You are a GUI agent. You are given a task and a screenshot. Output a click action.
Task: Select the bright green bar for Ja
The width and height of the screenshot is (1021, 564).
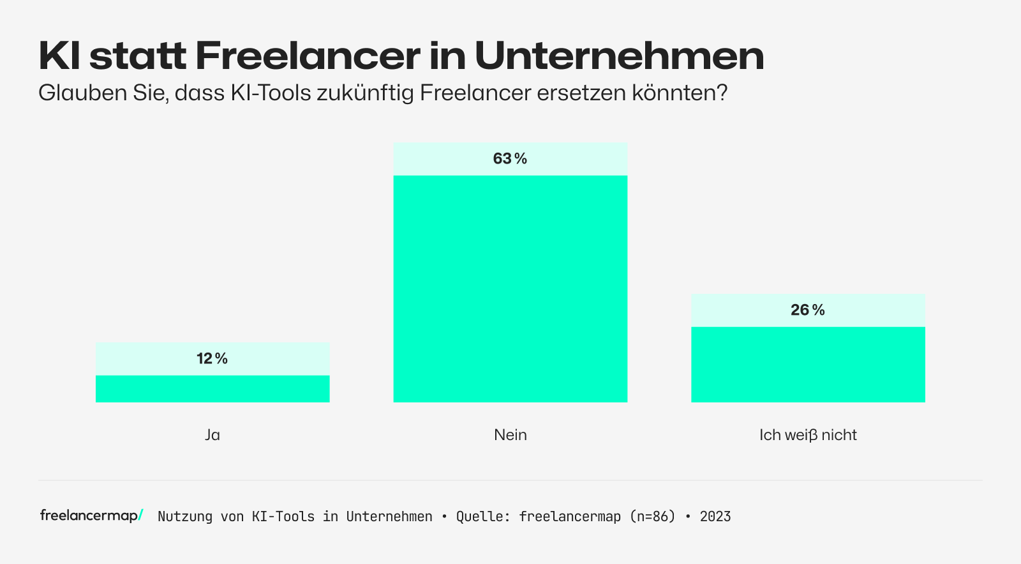pyautogui.click(x=212, y=389)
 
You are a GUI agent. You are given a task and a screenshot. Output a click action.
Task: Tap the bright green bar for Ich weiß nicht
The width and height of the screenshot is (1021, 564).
pyautogui.click(x=808, y=365)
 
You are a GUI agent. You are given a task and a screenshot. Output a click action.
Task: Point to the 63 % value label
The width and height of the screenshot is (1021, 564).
pyautogui.click(x=510, y=158)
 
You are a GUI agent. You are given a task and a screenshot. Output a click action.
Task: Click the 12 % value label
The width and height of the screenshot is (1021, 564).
pyautogui.click(x=212, y=358)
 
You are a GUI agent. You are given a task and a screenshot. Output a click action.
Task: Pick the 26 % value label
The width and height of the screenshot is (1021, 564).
pyautogui.click(x=807, y=310)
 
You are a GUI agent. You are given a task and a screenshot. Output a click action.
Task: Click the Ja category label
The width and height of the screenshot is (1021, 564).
pyautogui.click(x=212, y=435)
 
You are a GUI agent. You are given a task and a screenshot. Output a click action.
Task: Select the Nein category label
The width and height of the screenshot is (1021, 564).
pyautogui.click(x=511, y=435)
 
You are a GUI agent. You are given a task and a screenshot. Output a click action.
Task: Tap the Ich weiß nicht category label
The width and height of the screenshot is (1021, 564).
pyautogui.click(x=808, y=435)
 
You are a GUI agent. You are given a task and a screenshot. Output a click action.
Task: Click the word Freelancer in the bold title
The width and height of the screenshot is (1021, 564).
pyautogui.click(x=308, y=56)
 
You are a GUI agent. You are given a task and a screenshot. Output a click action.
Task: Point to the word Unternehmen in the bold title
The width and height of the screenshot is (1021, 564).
pyautogui.click(x=619, y=56)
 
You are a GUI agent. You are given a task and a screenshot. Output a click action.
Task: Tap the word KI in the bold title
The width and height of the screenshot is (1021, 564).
pyautogui.click(x=59, y=56)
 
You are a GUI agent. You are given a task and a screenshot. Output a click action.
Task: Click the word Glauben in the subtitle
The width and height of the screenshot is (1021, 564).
pyautogui.click(x=80, y=93)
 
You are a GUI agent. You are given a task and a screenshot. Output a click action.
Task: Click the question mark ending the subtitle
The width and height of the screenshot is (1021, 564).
pyautogui.click(x=722, y=93)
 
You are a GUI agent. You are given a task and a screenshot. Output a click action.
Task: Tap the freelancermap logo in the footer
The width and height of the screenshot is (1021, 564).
pyautogui.click(x=91, y=515)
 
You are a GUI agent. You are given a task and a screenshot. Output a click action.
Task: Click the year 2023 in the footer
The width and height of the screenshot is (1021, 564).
pyautogui.click(x=715, y=516)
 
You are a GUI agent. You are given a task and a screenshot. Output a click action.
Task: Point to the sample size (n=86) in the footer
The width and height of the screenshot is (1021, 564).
pyautogui.click(x=652, y=516)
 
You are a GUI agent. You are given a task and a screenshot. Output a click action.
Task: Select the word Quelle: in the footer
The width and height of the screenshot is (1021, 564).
pyautogui.click(x=483, y=516)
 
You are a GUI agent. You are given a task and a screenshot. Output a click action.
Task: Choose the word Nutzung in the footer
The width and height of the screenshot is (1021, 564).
pyautogui.click(x=185, y=516)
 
